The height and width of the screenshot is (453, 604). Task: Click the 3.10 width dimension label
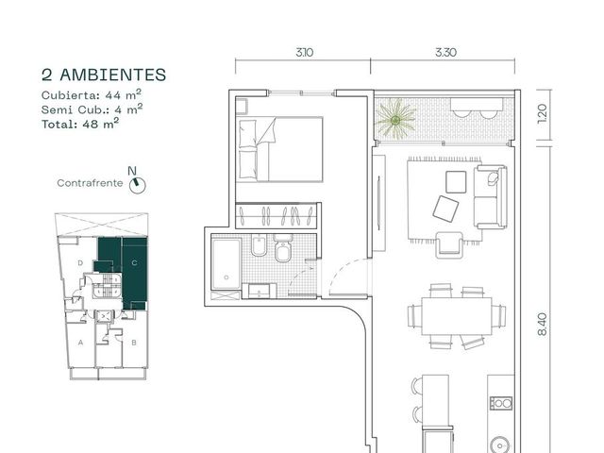pos(304,52)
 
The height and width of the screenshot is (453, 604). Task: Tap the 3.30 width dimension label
pos(445,52)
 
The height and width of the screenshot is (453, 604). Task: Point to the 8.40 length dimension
pos(542,325)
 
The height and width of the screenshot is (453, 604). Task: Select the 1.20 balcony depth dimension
pos(542,113)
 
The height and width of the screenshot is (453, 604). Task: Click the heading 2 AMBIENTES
pos(104,75)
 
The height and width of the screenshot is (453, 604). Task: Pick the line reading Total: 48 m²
pos(80,124)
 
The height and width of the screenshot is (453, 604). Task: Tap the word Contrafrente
pos(90,183)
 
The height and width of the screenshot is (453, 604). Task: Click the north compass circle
pos(138,185)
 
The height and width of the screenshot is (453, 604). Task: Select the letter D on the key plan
pos(80,263)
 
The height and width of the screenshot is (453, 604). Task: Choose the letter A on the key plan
pos(80,343)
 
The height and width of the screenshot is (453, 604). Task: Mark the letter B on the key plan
pos(134,343)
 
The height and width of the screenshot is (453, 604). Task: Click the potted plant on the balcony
pos(395,120)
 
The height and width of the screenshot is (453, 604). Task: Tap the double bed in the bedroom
pos(280,149)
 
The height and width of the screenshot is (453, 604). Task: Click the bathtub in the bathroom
pos(226,264)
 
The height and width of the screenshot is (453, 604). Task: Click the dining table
pos(457,316)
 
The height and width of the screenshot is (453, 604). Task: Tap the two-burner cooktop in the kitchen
pos(501,403)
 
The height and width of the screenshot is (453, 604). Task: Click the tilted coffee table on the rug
pos(445,209)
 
